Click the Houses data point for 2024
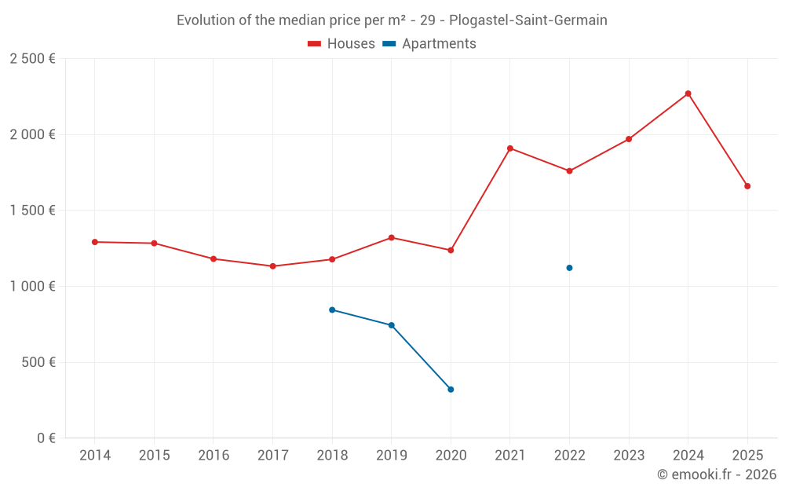coord(688,93)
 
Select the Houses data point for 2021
coord(510,148)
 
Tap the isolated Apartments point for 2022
coord(569,268)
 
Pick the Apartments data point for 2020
coord(451,390)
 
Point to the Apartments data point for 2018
coord(332,310)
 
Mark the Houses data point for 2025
coord(747,186)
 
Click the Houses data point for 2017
coord(272,266)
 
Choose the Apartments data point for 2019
coord(391,325)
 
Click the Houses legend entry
coord(341,44)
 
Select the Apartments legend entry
coord(429,44)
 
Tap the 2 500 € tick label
coord(32,59)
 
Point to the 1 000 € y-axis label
coord(32,287)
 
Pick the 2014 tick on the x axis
coord(95,456)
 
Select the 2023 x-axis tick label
coord(629,456)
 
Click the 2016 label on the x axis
coord(214,456)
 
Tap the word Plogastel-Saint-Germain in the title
coord(528,20)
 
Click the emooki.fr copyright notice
coord(716,475)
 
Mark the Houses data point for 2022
coord(569,171)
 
